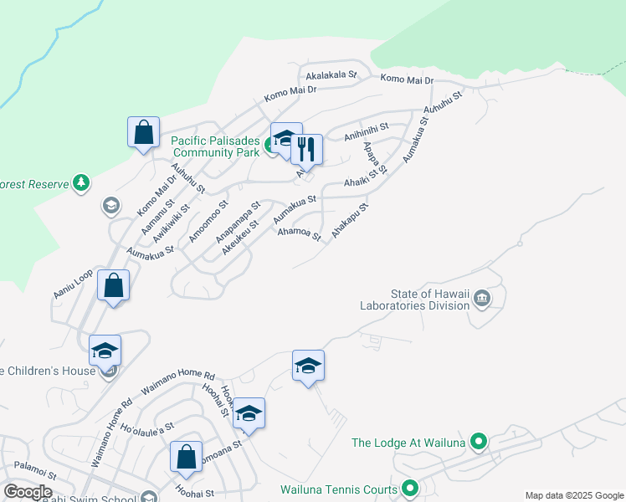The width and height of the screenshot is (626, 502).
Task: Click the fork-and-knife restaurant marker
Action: (307, 150)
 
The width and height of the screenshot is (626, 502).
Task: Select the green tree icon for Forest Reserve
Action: (80, 182)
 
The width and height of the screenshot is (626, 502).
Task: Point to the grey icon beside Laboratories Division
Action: (482, 298)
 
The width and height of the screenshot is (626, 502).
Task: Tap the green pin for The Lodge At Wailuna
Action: (479, 441)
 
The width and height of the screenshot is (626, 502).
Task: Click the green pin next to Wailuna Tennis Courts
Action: (410, 487)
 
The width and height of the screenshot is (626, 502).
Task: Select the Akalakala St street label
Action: (331, 74)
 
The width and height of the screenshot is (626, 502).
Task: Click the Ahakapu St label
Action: (349, 220)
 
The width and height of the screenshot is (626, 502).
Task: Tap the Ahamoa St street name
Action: (299, 234)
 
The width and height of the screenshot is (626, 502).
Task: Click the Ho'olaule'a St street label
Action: (146, 428)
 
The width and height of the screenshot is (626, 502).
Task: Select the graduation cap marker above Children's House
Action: (105, 351)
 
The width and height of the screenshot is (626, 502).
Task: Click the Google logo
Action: (28, 492)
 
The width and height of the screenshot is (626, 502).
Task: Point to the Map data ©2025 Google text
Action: (574, 495)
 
